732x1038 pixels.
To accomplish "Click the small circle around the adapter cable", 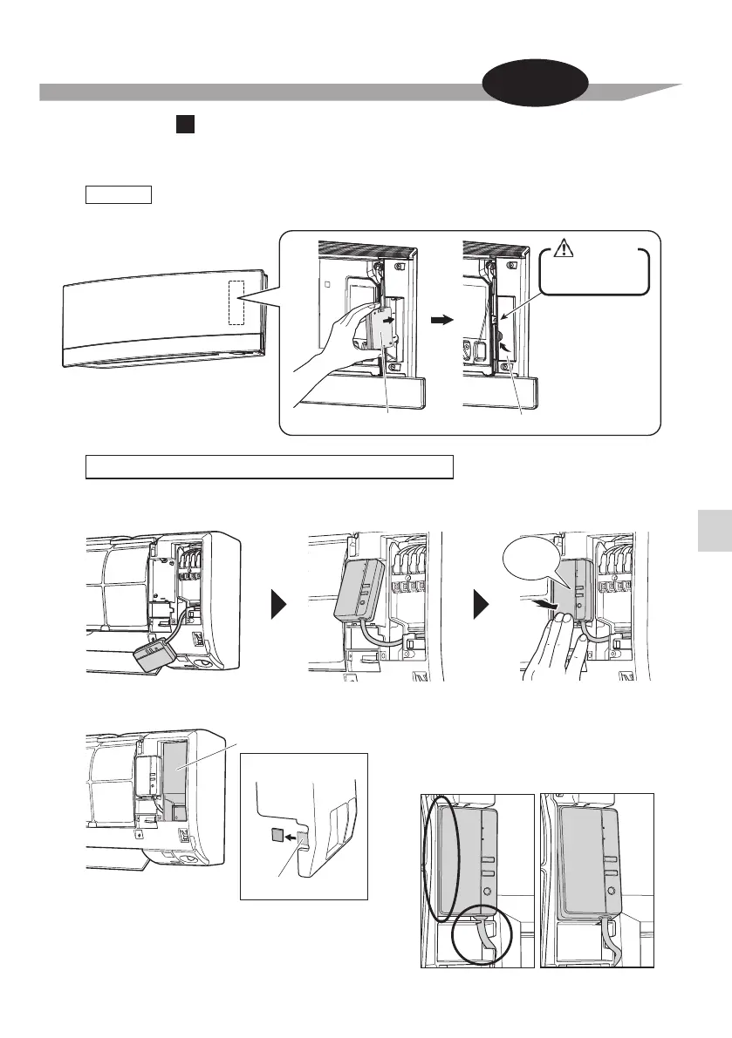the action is tap(476, 933).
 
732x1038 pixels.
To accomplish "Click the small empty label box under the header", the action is tap(119, 193).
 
